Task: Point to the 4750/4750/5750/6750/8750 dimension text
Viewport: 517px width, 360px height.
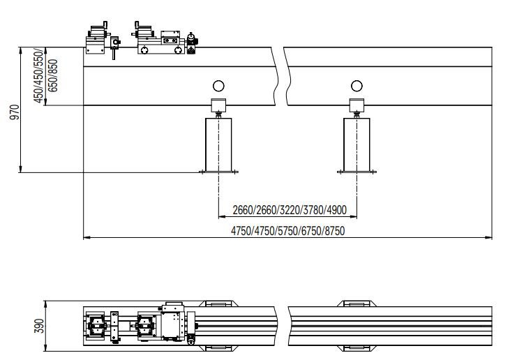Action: [x=288, y=231]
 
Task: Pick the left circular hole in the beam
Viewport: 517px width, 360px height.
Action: [x=218, y=86]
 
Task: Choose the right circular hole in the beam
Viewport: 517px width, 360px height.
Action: [x=357, y=86]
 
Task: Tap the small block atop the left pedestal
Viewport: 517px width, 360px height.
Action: [x=219, y=106]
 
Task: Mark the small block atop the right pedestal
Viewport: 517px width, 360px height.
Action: [x=358, y=106]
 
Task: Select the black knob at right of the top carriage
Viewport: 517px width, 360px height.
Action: [x=192, y=42]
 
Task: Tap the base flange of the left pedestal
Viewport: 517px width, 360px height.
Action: [x=219, y=172]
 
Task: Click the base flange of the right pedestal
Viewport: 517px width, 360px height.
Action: [x=358, y=172]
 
